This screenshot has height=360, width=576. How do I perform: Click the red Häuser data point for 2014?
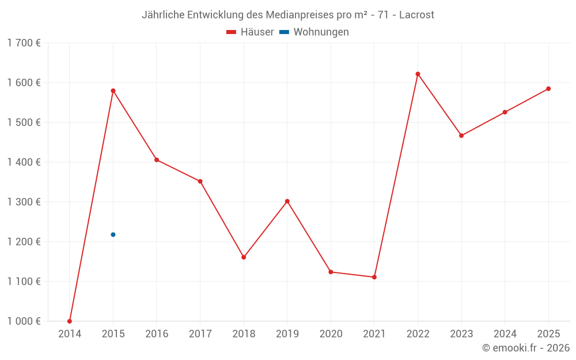[70, 321]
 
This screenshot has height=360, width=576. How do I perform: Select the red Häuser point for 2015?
[113, 90]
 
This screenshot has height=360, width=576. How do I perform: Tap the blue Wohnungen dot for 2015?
[113, 234]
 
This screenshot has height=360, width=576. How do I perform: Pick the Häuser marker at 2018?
[244, 257]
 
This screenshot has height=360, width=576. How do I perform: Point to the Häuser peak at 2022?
[418, 74]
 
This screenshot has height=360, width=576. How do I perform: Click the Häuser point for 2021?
[374, 277]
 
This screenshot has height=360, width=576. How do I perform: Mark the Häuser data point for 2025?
[548, 89]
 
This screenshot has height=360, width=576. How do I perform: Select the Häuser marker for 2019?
[287, 201]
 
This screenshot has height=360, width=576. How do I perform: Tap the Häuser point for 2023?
[461, 135]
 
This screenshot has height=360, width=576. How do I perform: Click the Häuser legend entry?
[251, 32]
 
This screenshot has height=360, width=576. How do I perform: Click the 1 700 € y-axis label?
[24, 43]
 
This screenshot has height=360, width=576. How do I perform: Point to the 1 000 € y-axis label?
[24, 321]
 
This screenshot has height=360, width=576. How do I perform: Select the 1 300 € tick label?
[24, 202]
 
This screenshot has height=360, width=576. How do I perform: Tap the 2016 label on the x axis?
[157, 334]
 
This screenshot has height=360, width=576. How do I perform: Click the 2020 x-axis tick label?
[331, 334]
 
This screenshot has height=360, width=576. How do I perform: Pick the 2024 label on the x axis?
[505, 334]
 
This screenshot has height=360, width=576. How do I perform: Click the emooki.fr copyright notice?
[526, 348]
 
